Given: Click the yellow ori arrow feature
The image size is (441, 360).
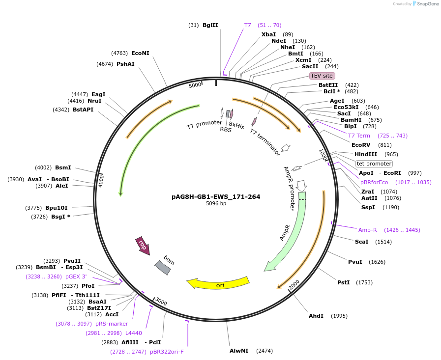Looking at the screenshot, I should (218, 284).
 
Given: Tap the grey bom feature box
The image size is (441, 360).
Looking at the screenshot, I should (163, 267).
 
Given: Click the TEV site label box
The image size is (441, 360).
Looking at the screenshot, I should (322, 76).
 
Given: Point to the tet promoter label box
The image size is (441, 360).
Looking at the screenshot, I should (374, 164).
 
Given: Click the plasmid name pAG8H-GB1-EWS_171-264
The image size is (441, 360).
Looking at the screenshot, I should (216, 196).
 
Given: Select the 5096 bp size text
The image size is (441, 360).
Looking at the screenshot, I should (216, 203).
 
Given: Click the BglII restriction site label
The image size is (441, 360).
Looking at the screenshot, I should (210, 25).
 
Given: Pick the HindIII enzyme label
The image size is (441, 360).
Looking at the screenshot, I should (366, 154).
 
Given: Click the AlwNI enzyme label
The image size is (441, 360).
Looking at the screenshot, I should (239, 351).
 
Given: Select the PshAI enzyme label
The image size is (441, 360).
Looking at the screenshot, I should (125, 64).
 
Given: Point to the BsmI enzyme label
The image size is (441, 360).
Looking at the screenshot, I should (63, 167).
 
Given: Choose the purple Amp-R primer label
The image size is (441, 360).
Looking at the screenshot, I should (367, 230).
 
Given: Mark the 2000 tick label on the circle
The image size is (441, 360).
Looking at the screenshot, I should (294, 284).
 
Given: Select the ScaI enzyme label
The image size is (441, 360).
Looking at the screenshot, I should (361, 242).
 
